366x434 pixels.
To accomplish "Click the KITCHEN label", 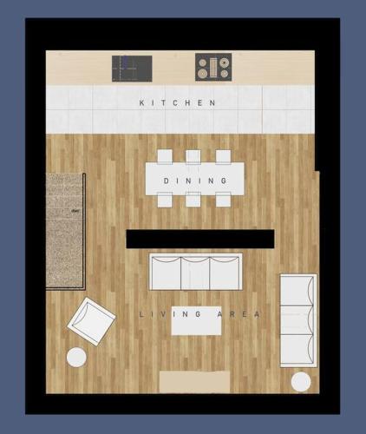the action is pyautogui.click(x=178, y=102).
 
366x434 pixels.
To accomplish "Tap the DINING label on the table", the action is pyautogui.click(x=195, y=181).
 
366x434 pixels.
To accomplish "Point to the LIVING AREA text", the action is pyautogui.click(x=199, y=314).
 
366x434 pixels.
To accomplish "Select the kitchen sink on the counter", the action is pyautogui.click(x=132, y=69).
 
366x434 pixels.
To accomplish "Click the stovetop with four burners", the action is pyautogui.click(x=213, y=67).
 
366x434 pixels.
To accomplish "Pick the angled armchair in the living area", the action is pyautogui.click(x=91, y=321).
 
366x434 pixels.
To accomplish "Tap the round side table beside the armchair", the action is pyautogui.click(x=76, y=358).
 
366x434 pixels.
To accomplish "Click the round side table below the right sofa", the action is pyautogui.click(x=301, y=382).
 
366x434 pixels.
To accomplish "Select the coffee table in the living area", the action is pyautogui.click(x=196, y=320).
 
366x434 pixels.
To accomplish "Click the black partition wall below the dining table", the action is pyautogui.click(x=200, y=239).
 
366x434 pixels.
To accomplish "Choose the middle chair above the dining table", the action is pyautogui.click(x=193, y=156).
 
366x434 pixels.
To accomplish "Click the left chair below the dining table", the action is pyautogui.click(x=165, y=200).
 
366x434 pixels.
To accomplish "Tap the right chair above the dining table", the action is pyautogui.click(x=223, y=156).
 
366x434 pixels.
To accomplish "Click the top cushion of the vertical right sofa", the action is pyautogui.click(x=297, y=290).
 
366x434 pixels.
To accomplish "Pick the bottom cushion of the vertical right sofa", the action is pyautogui.click(x=297, y=350).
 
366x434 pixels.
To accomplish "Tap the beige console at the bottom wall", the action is pyautogui.click(x=195, y=382).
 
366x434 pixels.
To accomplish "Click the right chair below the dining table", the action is pyautogui.click(x=223, y=200).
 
